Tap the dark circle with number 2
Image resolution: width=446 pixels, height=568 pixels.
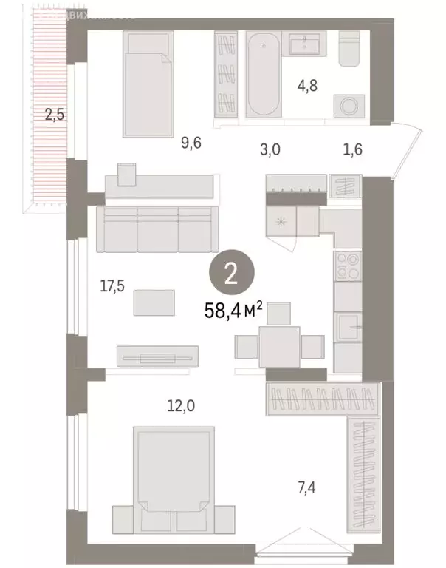tap(230, 276)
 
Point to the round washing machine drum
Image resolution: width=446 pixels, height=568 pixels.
tap(346, 105)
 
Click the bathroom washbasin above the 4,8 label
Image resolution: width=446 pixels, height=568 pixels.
tap(304, 43)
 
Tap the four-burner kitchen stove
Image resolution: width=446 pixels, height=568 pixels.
tap(347, 266)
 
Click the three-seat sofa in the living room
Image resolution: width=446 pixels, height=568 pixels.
tap(157, 229)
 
